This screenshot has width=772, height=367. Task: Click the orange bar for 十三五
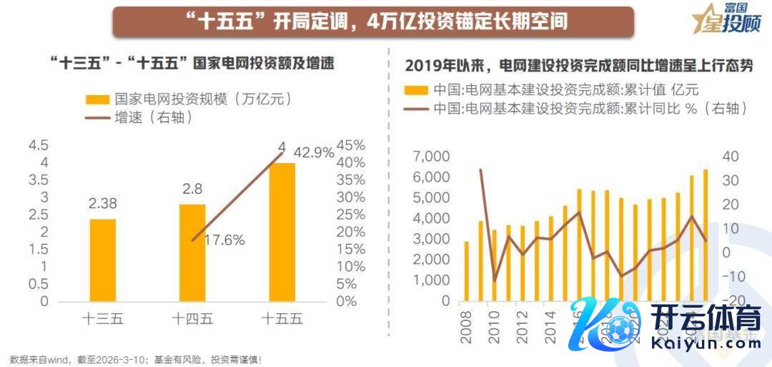[x=103, y=260]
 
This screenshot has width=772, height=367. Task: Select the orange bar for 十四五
[x=192, y=253]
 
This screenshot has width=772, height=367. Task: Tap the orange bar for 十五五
[x=282, y=232]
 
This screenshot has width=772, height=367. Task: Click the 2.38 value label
[x=103, y=204]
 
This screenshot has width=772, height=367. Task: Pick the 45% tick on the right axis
[x=351, y=145]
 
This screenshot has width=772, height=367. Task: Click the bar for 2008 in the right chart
[x=467, y=271]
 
